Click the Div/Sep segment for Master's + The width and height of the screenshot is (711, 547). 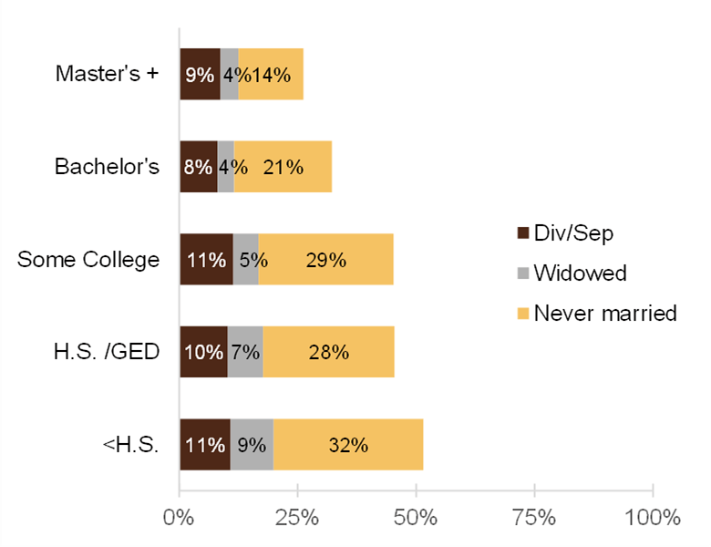click(x=200, y=74)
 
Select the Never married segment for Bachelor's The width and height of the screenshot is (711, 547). click(x=283, y=167)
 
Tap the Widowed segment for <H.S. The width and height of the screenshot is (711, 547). click(x=252, y=445)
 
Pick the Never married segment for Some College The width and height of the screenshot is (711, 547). click(x=325, y=260)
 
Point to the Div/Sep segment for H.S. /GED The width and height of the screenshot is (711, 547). click(x=203, y=352)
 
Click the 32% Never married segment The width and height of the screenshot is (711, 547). click(x=348, y=445)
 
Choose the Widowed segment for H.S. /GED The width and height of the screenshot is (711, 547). click(x=245, y=352)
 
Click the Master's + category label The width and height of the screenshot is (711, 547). click(x=107, y=73)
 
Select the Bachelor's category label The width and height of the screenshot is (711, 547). click(x=107, y=167)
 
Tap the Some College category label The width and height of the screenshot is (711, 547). click(x=88, y=260)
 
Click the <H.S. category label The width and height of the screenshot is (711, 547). click(x=132, y=445)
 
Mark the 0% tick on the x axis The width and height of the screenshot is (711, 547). click(x=179, y=517)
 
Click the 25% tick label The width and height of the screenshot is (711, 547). click(x=297, y=517)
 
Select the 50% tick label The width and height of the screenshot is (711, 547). click(x=416, y=517)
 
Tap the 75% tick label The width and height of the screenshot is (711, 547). click(x=534, y=517)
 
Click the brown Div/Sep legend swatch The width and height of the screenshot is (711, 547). click(x=522, y=233)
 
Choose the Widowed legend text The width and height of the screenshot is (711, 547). click(x=580, y=273)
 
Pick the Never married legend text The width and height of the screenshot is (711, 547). click(x=605, y=313)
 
